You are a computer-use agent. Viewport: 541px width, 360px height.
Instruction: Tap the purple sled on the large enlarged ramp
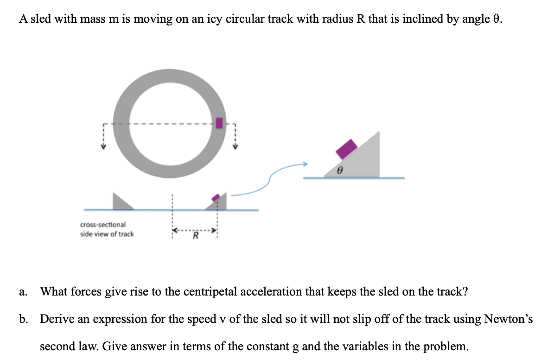click(346, 148)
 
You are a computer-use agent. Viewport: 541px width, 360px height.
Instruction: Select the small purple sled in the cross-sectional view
click(216, 198)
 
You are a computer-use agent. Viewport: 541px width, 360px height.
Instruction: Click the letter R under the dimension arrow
click(195, 238)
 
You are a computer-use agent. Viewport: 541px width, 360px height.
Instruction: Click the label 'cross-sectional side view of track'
click(107, 229)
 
